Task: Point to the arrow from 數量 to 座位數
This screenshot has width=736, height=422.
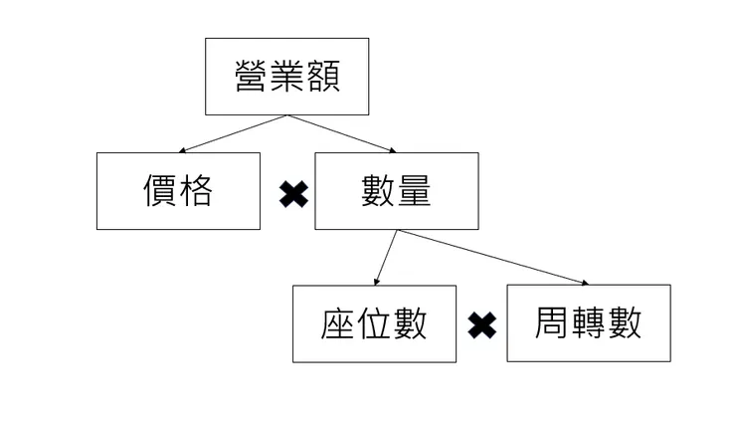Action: [387, 258]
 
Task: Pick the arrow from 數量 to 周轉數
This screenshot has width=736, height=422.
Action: [493, 258]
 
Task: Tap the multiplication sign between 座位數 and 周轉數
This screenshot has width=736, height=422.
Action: [482, 324]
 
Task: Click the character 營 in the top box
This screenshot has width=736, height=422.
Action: [253, 77]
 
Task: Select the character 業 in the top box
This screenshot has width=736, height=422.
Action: [287, 77]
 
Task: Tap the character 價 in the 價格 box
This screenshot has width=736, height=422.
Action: [160, 190]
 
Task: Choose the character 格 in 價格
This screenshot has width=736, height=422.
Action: [196, 190]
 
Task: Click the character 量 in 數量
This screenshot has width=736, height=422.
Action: [414, 190]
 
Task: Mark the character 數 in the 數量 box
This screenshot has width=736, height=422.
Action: [379, 190]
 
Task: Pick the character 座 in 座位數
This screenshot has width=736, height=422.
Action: [338, 323]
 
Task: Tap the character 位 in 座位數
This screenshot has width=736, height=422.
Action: [374, 323]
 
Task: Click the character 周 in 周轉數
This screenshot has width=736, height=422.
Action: [552, 322]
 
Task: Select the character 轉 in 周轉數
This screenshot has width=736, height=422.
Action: [588, 322]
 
